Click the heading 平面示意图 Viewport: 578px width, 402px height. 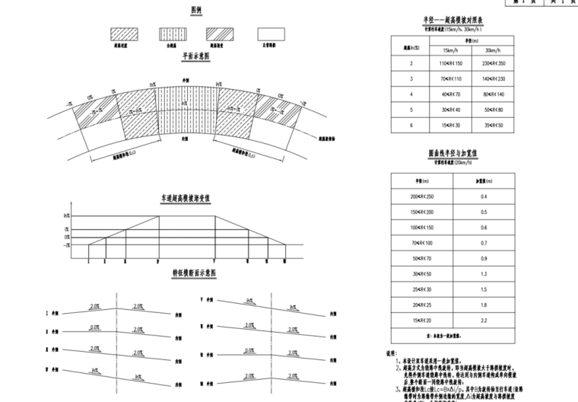click(197, 57)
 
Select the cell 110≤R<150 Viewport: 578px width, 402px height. click(452, 65)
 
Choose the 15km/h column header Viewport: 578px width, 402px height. click(452, 50)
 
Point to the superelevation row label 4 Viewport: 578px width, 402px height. click(411, 94)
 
